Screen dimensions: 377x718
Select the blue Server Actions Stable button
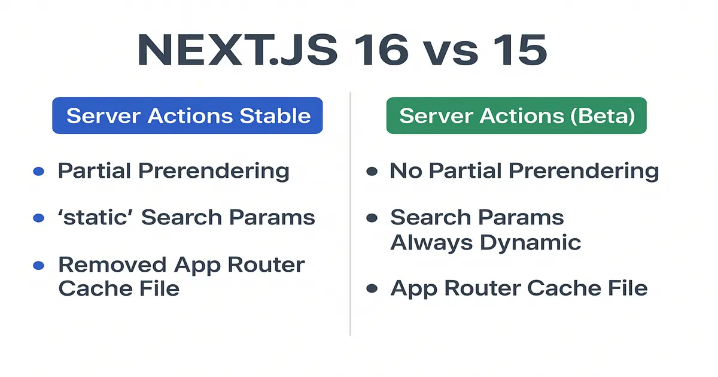[188, 115]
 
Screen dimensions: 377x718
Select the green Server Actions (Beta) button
[516, 115]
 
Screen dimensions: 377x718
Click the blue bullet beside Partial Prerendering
[38, 172]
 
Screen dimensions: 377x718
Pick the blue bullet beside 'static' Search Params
[38, 218]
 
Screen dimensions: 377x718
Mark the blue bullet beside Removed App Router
[38, 265]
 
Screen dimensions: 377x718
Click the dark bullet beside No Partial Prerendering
[372, 172]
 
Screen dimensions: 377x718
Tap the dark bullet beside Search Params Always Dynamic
[372, 218]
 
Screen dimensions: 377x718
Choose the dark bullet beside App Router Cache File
[372, 288]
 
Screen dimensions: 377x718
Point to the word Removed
[112, 264]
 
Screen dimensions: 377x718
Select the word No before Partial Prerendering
[406, 171]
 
